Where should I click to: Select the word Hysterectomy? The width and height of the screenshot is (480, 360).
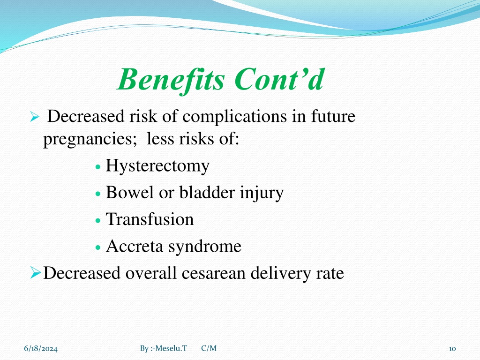coord(157,166)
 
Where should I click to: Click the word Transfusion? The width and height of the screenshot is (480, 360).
coord(150,219)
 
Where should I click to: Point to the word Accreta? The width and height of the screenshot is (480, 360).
coord(135,246)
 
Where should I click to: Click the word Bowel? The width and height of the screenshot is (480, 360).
coord(130,192)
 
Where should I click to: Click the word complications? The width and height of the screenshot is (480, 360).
coord(234,117)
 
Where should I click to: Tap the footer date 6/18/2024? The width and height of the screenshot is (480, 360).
coord(41,348)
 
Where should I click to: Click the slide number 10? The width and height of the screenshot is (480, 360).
coord(452,349)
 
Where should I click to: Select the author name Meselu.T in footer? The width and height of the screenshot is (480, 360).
coord(171,348)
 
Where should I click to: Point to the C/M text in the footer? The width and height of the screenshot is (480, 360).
coord(209,348)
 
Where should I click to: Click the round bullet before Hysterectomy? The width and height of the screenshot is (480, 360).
coord(98,167)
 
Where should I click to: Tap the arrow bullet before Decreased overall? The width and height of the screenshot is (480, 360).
coord(36,272)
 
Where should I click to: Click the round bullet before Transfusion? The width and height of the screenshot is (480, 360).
coord(98,221)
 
